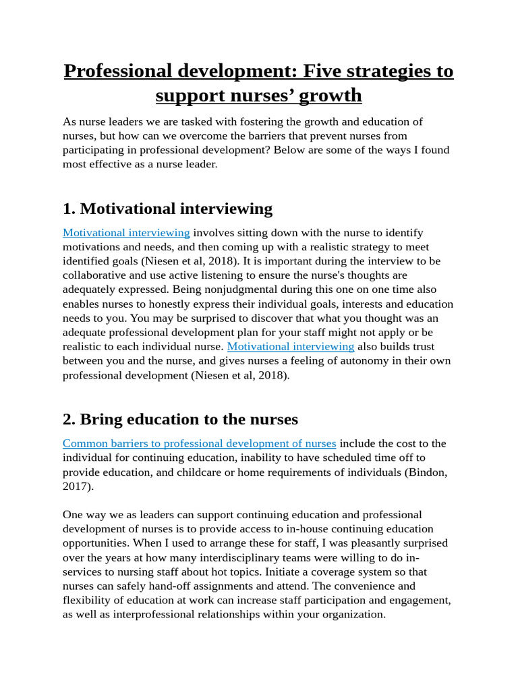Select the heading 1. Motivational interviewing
167,208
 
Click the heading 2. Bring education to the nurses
180,419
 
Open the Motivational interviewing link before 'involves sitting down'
126,233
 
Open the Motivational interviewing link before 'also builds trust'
291,346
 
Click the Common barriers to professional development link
199,443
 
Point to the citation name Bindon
429,472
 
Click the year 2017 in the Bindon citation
76,486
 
